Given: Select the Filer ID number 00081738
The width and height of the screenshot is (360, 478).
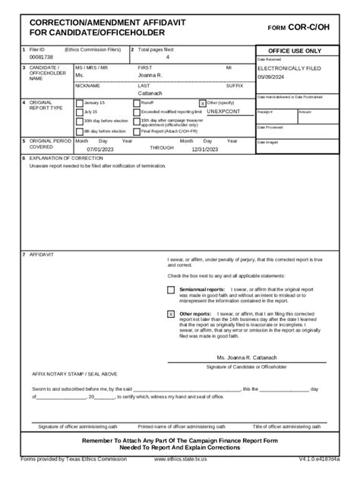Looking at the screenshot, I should pyautogui.click(x=42, y=58).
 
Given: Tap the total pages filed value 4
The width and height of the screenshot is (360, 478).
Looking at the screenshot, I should pyautogui.click(x=168, y=58).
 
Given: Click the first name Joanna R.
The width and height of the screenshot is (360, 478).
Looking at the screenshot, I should pyautogui.click(x=151, y=76).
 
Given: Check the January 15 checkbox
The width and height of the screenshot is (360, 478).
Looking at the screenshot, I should pyautogui.click(x=80, y=102).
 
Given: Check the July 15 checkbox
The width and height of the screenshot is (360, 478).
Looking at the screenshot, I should pyautogui.click(x=80, y=112).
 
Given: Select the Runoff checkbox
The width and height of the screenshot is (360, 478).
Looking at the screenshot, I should pyautogui.click(x=137, y=102).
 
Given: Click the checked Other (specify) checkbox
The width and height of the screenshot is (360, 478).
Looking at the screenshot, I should pyautogui.click(x=202, y=102).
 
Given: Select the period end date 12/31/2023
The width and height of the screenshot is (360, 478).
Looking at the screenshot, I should pyautogui.click(x=205, y=149).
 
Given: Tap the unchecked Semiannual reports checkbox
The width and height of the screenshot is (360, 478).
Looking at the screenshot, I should pyautogui.click(x=171, y=290).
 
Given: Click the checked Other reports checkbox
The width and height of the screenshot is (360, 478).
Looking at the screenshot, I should pyautogui.click(x=171, y=313).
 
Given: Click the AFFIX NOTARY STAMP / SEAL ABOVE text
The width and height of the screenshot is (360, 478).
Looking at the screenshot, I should pyautogui.click(x=74, y=374).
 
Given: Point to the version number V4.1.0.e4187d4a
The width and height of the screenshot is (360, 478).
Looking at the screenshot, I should pyautogui.click(x=319, y=459).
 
